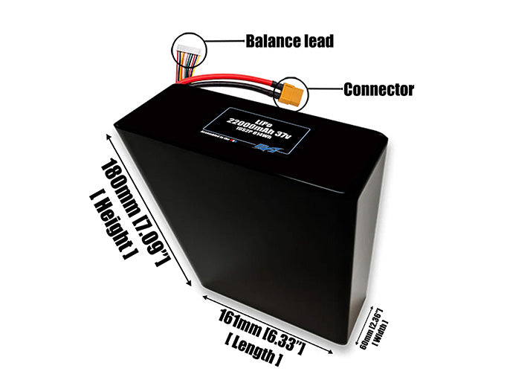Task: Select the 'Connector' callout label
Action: [378, 90]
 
